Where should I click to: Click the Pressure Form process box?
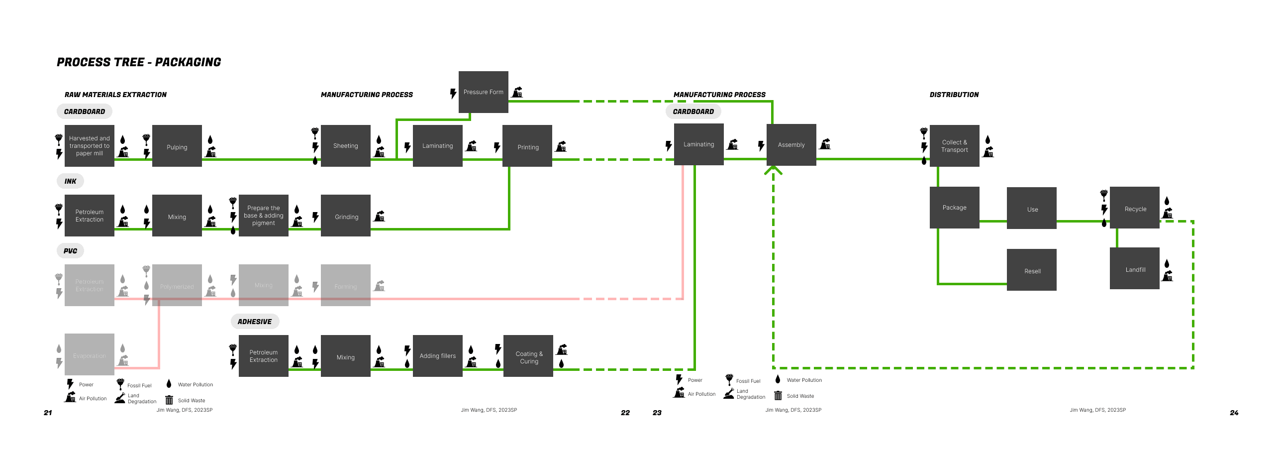483,92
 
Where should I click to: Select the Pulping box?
177,146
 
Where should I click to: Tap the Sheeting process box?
345,146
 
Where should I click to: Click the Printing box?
527,146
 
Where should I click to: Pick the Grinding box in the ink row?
345,216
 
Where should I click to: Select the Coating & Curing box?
528,356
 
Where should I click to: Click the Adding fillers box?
437,356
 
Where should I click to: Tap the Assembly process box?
791,145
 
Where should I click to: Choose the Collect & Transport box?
954,146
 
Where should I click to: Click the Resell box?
1032,270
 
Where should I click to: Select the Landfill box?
1135,268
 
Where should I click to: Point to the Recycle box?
1135,208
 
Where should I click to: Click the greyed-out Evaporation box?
90,354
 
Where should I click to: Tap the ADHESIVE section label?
255,322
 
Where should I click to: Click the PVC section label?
70,251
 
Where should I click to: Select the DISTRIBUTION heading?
954,95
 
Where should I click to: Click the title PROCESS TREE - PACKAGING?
139,62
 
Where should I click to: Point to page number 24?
1234,413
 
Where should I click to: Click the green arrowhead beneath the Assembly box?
773,170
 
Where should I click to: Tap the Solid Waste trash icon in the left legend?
169,400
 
